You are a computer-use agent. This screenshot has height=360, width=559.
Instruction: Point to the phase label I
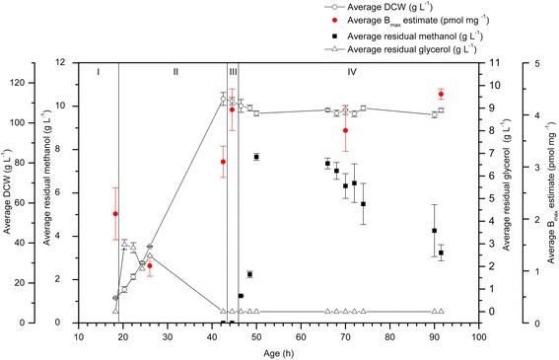(99, 72)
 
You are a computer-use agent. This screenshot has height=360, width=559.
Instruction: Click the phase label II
(175, 72)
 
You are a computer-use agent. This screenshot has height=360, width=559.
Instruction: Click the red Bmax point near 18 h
(115, 214)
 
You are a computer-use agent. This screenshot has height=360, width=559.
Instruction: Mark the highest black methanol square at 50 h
(256, 157)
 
